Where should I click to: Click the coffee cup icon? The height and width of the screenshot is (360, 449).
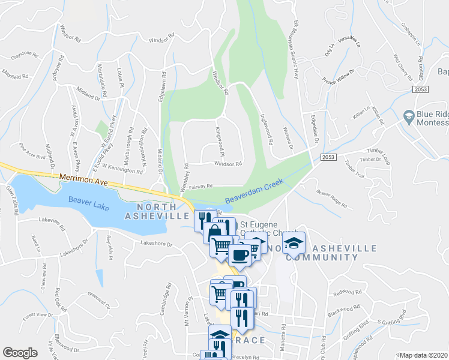(240, 254)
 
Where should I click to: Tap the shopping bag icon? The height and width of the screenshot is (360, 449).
(214, 233)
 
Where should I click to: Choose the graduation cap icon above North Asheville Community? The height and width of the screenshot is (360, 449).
(294, 242)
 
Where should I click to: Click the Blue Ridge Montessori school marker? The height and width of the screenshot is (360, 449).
(409, 116)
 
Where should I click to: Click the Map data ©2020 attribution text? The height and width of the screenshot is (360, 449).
(424, 355)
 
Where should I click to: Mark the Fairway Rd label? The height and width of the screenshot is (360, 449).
(201, 187)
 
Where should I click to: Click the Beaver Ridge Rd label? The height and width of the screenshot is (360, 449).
(331, 199)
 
